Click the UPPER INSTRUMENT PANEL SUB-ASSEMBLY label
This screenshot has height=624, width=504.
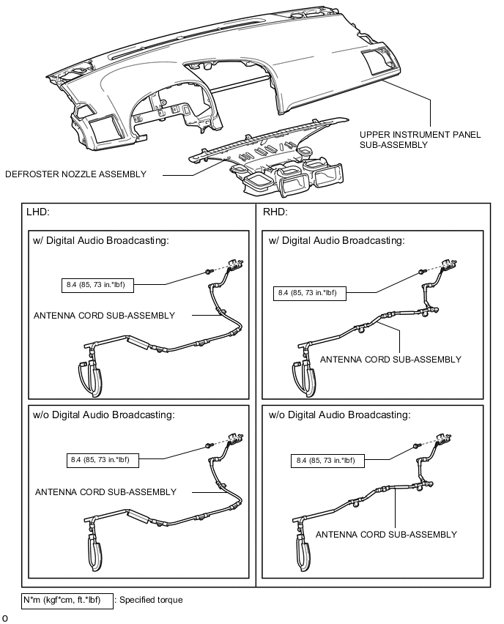[x=420, y=140]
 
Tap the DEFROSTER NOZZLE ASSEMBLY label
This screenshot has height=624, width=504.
[x=75, y=174]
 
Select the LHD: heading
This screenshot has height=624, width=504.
[x=38, y=212]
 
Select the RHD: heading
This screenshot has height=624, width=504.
[x=275, y=212]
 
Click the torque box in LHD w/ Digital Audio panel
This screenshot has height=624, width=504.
[x=97, y=285]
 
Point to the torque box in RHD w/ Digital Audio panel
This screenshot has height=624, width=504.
[x=309, y=293]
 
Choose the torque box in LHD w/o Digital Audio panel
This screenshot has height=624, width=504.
[x=103, y=460]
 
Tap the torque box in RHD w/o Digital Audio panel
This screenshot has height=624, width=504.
[x=327, y=461]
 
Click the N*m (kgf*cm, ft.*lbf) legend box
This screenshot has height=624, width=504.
[x=67, y=600]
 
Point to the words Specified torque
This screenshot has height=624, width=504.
[x=152, y=600]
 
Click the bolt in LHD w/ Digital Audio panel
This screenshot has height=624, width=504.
[x=208, y=272]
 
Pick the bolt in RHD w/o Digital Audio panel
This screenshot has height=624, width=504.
[x=417, y=446]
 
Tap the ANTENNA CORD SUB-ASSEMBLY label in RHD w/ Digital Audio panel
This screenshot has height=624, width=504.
[x=390, y=360]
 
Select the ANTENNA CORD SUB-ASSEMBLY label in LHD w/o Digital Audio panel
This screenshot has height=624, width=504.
[x=105, y=492]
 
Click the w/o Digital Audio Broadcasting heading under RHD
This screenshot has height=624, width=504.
[x=340, y=415]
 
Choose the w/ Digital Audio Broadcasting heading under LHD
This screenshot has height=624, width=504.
[x=100, y=241]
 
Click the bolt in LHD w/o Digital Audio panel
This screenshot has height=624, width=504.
[x=208, y=445]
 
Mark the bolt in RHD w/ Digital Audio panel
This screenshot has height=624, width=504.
[x=422, y=272]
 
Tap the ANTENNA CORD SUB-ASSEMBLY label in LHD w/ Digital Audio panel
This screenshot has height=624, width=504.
[x=104, y=316]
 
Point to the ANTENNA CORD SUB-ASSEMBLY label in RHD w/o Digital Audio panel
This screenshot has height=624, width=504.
[x=386, y=535]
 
